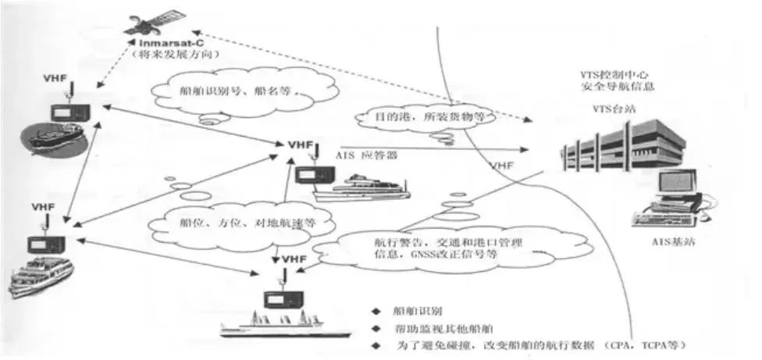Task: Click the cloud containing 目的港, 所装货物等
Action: click(422, 118)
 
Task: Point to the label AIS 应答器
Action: click(368, 155)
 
